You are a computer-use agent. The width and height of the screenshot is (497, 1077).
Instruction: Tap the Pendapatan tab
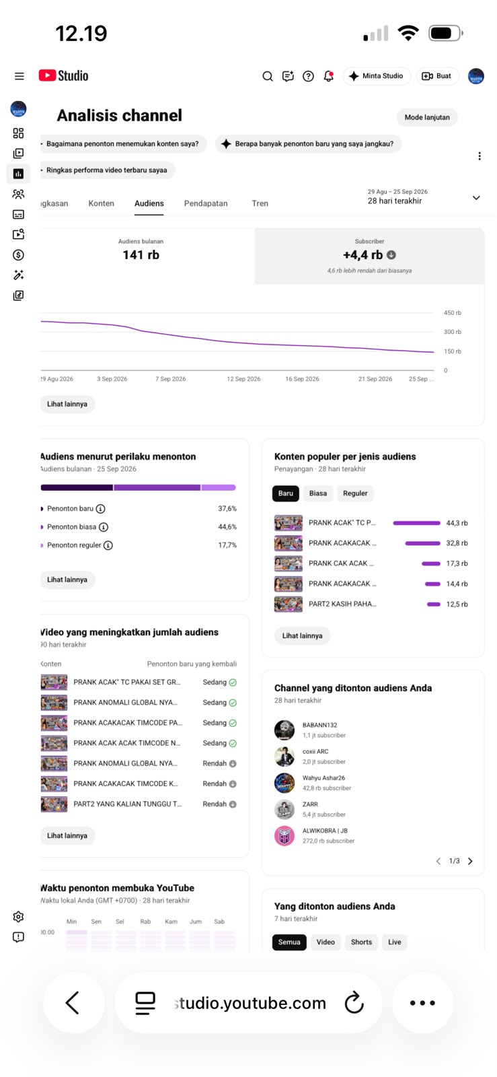pyautogui.click(x=206, y=203)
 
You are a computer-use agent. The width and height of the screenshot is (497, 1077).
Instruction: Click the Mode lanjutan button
pyautogui.click(x=427, y=117)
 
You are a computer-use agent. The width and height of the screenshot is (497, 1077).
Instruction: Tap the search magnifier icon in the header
pyautogui.click(x=268, y=76)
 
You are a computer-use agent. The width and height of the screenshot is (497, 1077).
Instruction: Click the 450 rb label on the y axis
pyautogui.click(x=453, y=312)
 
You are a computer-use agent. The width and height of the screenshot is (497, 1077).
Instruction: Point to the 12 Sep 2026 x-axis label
pyautogui.click(x=243, y=379)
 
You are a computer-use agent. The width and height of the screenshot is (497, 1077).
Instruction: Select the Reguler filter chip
pyautogui.click(x=355, y=493)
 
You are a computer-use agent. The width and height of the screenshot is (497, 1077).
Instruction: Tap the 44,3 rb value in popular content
pyautogui.click(x=457, y=522)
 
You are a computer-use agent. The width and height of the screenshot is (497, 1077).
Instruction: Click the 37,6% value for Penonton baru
pyautogui.click(x=227, y=508)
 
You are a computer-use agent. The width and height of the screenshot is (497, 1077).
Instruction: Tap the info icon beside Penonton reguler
pyautogui.click(x=108, y=545)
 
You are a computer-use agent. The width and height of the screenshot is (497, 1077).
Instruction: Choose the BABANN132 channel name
pyautogui.click(x=320, y=725)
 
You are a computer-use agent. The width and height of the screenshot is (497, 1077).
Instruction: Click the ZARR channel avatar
pyautogui.click(x=284, y=809)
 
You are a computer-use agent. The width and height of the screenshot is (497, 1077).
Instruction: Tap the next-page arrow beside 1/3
pyautogui.click(x=470, y=861)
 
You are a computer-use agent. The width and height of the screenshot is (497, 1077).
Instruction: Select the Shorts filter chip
pyautogui.click(x=361, y=942)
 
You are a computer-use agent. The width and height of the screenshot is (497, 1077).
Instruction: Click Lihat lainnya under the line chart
pyautogui.click(x=67, y=404)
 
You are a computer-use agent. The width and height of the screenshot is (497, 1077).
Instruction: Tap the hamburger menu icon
pyautogui.click(x=20, y=76)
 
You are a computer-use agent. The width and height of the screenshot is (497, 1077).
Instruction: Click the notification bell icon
pyautogui.click(x=328, y=76)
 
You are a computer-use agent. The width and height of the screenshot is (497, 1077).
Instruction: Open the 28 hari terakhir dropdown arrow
pyautogui.click(x=476, y=198)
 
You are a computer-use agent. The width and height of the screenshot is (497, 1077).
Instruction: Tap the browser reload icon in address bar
pyautogui.click(x=354, y=1002)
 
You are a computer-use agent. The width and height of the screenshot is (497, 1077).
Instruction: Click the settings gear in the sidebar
pyautogui.click(x=18, y=916)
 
